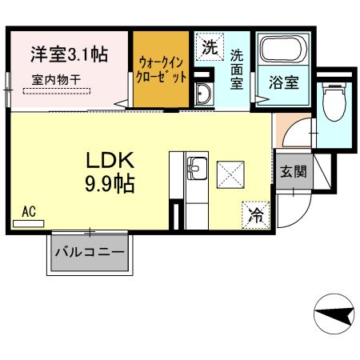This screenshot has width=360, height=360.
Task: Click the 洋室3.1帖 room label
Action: [70, 55]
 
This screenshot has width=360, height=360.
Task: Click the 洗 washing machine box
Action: [209, 47]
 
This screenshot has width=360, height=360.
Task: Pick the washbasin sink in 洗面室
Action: [202, 93]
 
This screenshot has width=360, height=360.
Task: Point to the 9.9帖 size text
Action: [110, 184]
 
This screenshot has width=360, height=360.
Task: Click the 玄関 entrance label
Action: [293, 171]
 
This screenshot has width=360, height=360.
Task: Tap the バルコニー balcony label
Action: [90, 253]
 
